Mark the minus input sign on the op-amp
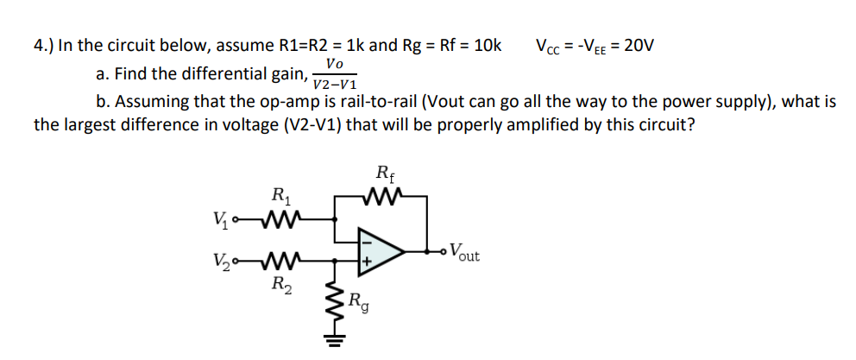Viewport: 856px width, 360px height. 366,242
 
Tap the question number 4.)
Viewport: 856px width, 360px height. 44,45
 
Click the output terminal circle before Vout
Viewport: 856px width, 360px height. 442,252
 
